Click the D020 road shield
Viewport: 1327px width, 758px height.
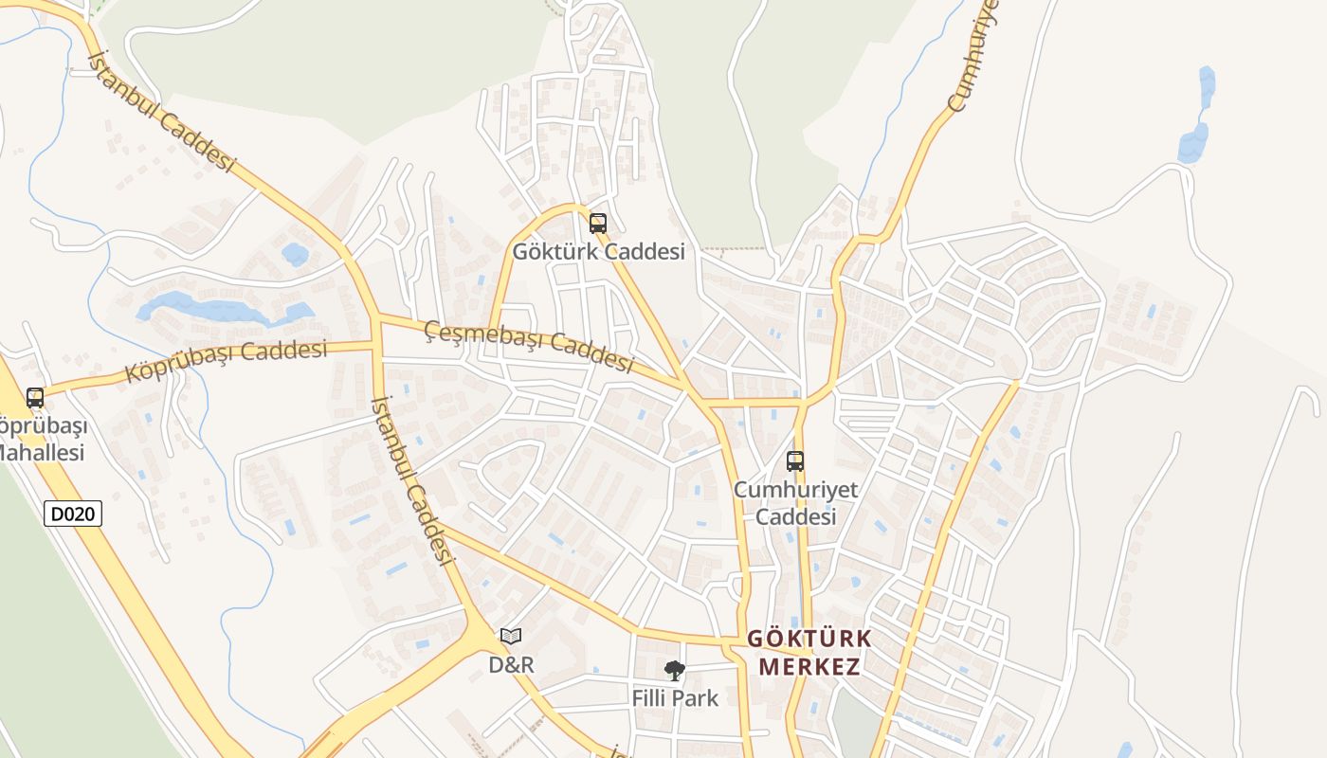(x=73, y=514)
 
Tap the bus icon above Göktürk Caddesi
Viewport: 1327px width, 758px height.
(x=598, y=224)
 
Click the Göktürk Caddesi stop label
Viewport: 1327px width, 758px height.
(x=598, y=252)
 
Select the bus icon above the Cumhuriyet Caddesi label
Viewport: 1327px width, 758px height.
(x=795, y=461)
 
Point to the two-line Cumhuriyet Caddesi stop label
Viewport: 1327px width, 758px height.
(x=795, y=503)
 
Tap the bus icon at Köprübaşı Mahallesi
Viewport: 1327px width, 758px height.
(x=35, y=398)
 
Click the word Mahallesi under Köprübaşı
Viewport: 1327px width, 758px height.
(x=42, y=452)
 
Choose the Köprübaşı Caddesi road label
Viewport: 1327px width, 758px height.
(x=227, y=361)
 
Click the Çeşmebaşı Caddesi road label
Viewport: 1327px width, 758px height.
(x=528, y=346)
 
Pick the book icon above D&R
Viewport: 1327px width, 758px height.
(x=511, y=636)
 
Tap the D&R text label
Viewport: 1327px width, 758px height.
(x=511, y=664)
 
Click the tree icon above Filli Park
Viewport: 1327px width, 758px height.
(x=674, y=671)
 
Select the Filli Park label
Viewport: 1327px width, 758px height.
(x=675, y=698)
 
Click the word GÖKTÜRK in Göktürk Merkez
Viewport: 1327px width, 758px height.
(x=809, y=639)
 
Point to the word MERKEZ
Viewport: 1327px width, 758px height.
(x=809, y=666)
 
